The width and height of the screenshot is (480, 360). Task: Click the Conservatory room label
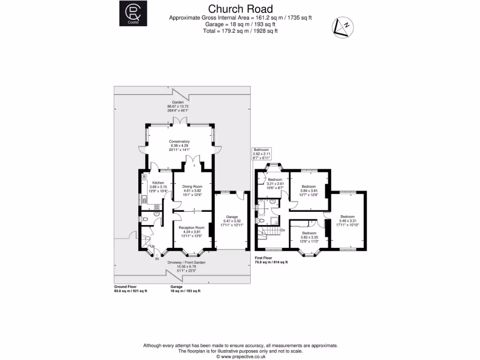180,141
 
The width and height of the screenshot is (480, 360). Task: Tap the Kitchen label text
158,182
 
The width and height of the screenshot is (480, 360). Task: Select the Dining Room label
192,187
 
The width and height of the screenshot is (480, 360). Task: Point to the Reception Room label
192,227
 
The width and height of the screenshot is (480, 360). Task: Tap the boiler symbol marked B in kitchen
144,177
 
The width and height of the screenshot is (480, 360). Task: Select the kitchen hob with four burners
157,206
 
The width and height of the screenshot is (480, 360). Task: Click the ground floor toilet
145,219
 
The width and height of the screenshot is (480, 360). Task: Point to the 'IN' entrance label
157,258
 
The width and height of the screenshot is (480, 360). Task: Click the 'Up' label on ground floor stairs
152,247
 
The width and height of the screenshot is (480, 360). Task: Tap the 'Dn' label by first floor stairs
283,230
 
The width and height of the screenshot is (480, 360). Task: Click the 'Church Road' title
240,9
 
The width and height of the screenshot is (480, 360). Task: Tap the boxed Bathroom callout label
262,153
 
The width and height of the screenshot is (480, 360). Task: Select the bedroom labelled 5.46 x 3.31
347,219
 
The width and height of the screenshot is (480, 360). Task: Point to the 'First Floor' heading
264,258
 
